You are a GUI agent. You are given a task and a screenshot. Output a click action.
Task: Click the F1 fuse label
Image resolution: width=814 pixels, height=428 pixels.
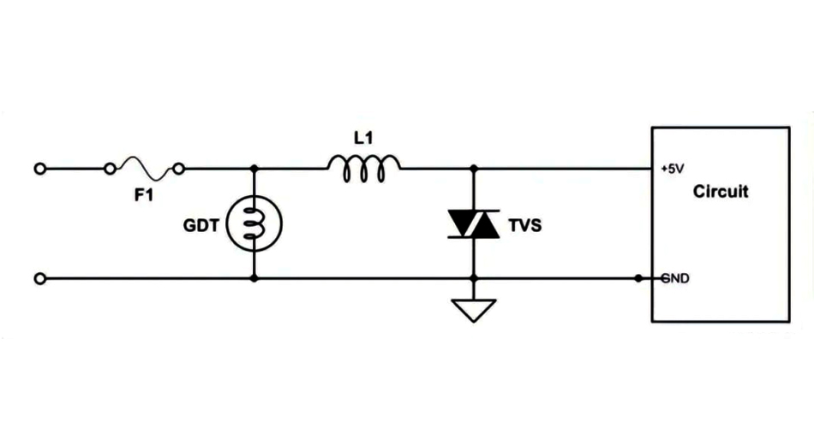pos(143,195)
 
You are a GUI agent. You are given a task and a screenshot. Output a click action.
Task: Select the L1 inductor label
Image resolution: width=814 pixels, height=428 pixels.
pos(363,137)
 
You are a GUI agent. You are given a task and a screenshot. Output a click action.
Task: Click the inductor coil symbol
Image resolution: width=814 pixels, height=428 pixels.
pos(363,169)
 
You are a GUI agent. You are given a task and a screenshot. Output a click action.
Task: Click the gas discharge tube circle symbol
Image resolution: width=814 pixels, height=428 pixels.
pos(254,224)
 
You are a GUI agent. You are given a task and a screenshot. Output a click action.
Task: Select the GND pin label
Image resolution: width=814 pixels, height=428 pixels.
pos(676,279)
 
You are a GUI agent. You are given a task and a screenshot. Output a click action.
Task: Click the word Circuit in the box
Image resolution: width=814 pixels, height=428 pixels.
pos(720,192)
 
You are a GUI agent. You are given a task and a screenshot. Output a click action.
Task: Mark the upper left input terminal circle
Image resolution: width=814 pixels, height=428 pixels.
pos(39,169)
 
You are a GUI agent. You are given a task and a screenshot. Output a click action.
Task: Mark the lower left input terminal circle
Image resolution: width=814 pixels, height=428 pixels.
pos(39,279)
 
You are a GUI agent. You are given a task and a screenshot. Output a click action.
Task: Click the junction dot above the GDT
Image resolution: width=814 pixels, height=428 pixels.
pos(254,169)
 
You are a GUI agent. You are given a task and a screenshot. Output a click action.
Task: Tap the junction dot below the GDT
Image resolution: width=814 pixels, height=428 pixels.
pos(254,279)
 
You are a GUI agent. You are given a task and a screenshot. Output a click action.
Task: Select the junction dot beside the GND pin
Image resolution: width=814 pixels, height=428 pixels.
pos(638,279)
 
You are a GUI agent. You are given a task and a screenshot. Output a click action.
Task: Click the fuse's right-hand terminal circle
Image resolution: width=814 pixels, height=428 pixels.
pos(180,169)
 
